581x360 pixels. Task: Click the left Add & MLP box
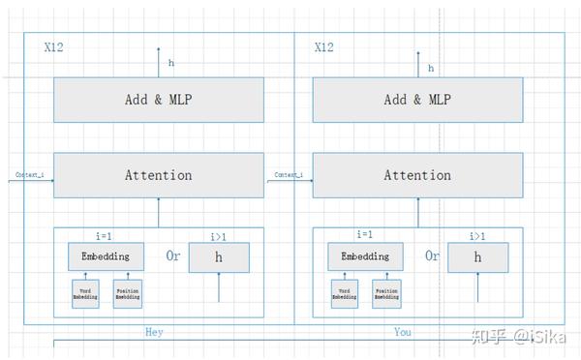tap(159, 100)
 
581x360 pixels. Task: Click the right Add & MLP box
tap(417, 100)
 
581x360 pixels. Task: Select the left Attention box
tap(159, 175)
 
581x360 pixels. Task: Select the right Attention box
tap(417, 175)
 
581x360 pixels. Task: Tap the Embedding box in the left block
tap(106, 256)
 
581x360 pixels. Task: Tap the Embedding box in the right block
tap(365, 256)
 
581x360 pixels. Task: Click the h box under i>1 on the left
tap(219, 257)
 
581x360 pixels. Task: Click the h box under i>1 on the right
tap(477, 257)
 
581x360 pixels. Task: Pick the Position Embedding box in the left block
tap(128, 293)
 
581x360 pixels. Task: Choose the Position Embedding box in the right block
tap(387, 293)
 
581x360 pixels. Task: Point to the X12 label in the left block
tap(56, 46)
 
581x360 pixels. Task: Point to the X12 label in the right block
tap(326, 46)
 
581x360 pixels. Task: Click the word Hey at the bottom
tap(155, 332)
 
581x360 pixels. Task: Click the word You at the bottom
tap(403, 332)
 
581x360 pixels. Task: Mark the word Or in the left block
tap(173, 256)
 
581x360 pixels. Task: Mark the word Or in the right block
tap(432, 256)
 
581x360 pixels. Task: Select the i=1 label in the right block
tap(366, 234)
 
